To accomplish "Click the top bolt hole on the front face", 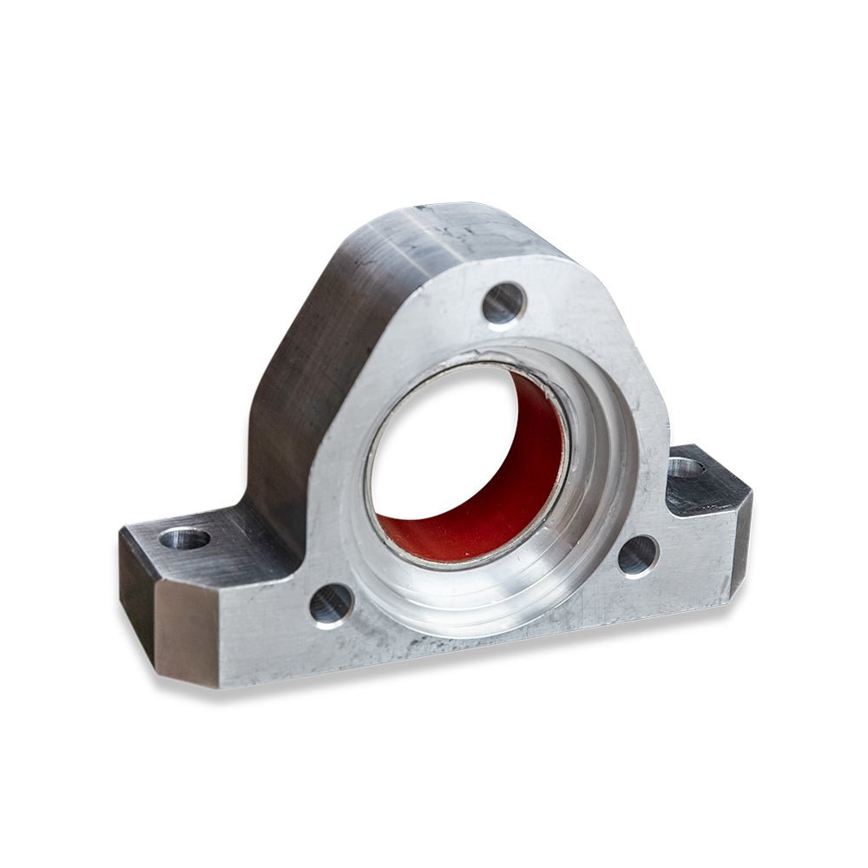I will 503,304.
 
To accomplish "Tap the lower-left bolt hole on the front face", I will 332,603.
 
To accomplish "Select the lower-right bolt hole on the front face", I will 638,556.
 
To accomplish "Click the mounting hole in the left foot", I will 185,539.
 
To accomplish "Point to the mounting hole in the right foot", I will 686,468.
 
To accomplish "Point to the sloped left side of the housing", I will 312,347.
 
